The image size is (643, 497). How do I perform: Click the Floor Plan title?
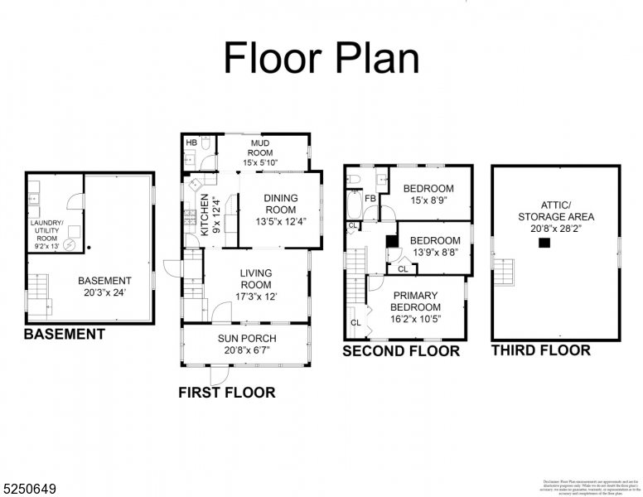pos(321,58)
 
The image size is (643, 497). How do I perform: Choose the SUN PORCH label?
pos(247,338)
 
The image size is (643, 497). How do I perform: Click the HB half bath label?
pos(191,142)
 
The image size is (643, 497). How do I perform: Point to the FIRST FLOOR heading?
pos(227,393)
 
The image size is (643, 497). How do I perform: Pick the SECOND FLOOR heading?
pos(401,351)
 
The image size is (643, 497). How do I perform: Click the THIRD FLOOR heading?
pos(541,350)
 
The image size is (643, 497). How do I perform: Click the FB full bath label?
pos(371,199)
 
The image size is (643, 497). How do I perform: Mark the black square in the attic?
pos(544,243)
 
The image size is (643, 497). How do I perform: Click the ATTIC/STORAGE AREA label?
pos(556,211)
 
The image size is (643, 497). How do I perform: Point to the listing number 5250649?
pos(29,489)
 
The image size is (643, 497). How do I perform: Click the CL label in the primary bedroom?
pos(355,322)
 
